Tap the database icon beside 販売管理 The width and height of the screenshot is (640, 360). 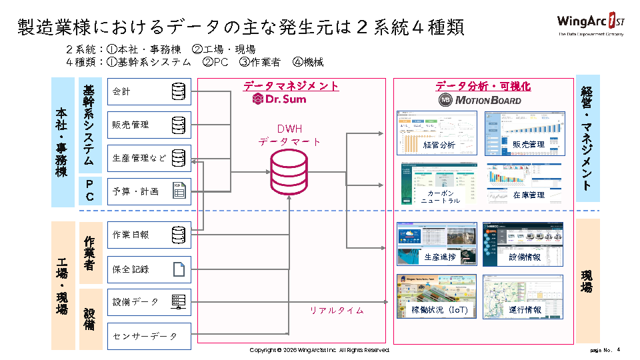178,125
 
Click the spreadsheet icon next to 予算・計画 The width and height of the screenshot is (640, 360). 178,191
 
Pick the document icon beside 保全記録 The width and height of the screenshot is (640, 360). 178,269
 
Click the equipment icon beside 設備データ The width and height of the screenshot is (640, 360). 178,302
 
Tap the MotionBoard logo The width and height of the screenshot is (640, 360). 479,100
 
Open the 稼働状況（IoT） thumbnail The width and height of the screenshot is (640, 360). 438,295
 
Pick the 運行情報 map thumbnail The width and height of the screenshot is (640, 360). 523,295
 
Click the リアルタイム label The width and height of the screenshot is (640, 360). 336,310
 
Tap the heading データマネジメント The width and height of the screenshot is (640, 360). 291,86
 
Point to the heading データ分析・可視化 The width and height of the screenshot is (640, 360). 483,86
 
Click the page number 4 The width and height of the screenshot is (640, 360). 618,349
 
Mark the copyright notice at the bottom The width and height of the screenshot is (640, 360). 319,350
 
